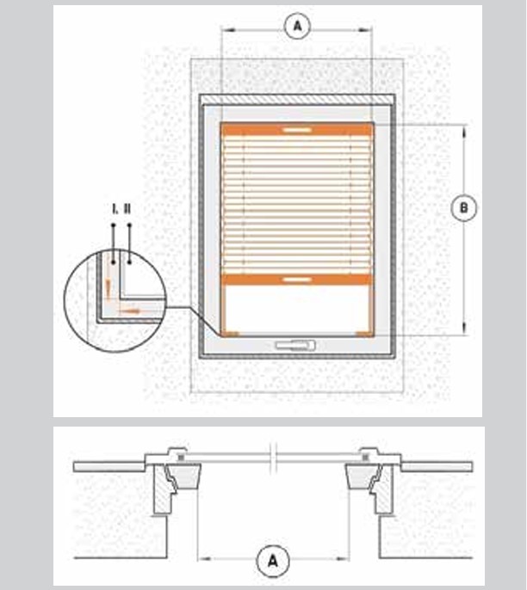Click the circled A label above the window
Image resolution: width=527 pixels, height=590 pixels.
coord(297,27)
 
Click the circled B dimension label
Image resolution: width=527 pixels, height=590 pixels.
coord(464,207)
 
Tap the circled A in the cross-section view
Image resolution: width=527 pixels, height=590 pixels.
coord(273,561)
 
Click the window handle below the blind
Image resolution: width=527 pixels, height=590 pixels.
coord(295,345)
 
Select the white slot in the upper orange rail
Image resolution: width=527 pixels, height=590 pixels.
coord(297,130)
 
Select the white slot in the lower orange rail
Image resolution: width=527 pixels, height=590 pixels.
coord(297,280)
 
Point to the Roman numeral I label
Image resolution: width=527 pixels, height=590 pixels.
coord(115,209)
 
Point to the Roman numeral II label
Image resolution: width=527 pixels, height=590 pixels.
coord(127,209)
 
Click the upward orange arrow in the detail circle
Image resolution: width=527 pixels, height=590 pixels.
coord(108,288)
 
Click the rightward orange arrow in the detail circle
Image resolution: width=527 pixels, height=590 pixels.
coord(129,311)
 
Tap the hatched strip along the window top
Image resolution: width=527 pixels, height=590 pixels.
coord(297,100)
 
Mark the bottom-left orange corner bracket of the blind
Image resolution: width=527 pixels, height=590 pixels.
coord(230,334)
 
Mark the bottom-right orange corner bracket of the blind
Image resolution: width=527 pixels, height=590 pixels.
coord(364,334)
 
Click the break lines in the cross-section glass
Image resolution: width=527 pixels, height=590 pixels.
coord(274,458)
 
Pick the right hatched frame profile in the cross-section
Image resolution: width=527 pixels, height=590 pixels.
coord(382,489)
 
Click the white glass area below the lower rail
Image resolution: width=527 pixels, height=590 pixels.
coord(297,308)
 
